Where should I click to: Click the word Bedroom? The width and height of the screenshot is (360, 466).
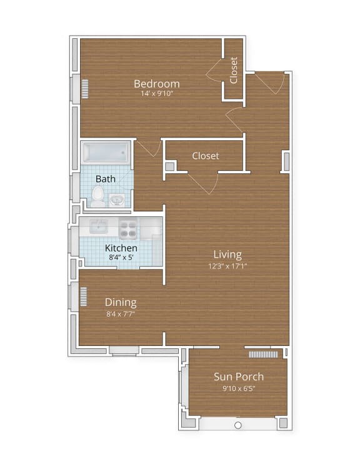(x=157, y=84)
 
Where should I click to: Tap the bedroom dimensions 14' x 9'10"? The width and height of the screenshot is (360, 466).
(x=157, y=94)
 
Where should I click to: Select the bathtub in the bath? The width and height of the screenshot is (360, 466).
(x=106, y=153)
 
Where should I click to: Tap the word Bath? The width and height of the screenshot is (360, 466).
(x=106, y=179)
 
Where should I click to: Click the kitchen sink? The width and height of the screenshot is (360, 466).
(x=99, y=227)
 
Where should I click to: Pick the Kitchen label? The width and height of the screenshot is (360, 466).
(x=121, y=248)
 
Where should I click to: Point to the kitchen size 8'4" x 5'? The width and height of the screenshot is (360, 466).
(x=121, y=258)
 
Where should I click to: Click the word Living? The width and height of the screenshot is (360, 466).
(x=227, y=255)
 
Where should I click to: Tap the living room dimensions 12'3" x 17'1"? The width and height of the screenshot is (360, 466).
(x=227, y=265)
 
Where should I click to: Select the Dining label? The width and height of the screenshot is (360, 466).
(x=121, y=303)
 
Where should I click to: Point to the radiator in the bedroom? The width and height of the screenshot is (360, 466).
(x=85, y=89)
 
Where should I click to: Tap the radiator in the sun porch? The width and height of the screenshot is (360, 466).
(x=262, y=354)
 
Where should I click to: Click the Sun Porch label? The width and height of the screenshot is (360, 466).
(x=238, y=377)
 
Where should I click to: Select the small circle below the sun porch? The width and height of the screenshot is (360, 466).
(x=237, y=425)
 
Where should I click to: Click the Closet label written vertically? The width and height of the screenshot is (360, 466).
(x=234, y=70)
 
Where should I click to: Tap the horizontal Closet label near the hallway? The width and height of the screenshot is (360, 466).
(x=205, y=156)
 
